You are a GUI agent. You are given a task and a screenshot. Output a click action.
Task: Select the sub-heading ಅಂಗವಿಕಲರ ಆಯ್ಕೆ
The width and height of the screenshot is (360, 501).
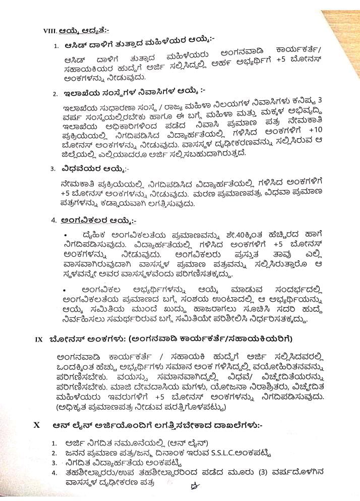point(96,220)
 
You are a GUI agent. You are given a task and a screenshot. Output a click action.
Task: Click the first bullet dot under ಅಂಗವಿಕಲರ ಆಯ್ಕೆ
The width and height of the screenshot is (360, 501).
point(66,236)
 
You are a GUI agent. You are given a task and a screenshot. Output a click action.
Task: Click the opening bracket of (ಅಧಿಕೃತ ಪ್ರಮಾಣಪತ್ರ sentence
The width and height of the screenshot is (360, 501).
point(58,408)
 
